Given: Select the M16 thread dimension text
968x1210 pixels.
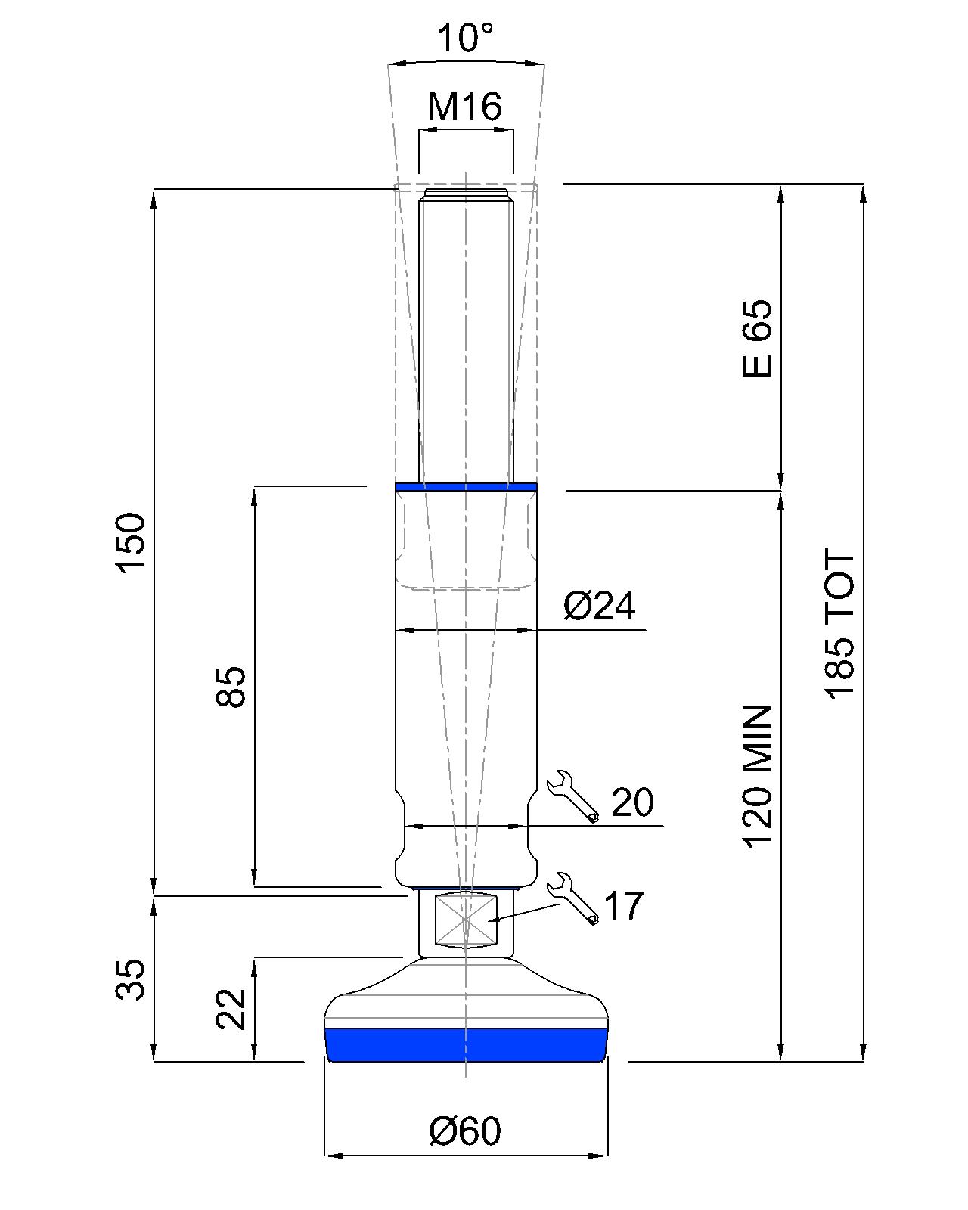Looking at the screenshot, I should click(x=464, y=107).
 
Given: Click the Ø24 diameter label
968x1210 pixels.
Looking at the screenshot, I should click(x=600, y=606).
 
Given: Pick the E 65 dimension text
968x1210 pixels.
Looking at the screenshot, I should click(x=757, y=338).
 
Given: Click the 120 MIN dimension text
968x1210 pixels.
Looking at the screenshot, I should click(x=757, y=777).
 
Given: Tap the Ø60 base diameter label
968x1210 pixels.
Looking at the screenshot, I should click(x=464, y=1131).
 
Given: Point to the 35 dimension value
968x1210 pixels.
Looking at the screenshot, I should click(x=130, y=980).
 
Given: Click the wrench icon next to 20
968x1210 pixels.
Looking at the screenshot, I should click(x=572, y=796).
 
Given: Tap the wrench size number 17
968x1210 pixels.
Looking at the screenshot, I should click(x=623, y=906).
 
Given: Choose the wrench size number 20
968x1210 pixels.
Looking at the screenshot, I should click(x=632, y=803).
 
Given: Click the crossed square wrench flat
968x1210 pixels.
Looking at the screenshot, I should click(x=466, y=920).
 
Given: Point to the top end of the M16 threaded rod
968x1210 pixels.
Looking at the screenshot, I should click(x=466, y=194).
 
